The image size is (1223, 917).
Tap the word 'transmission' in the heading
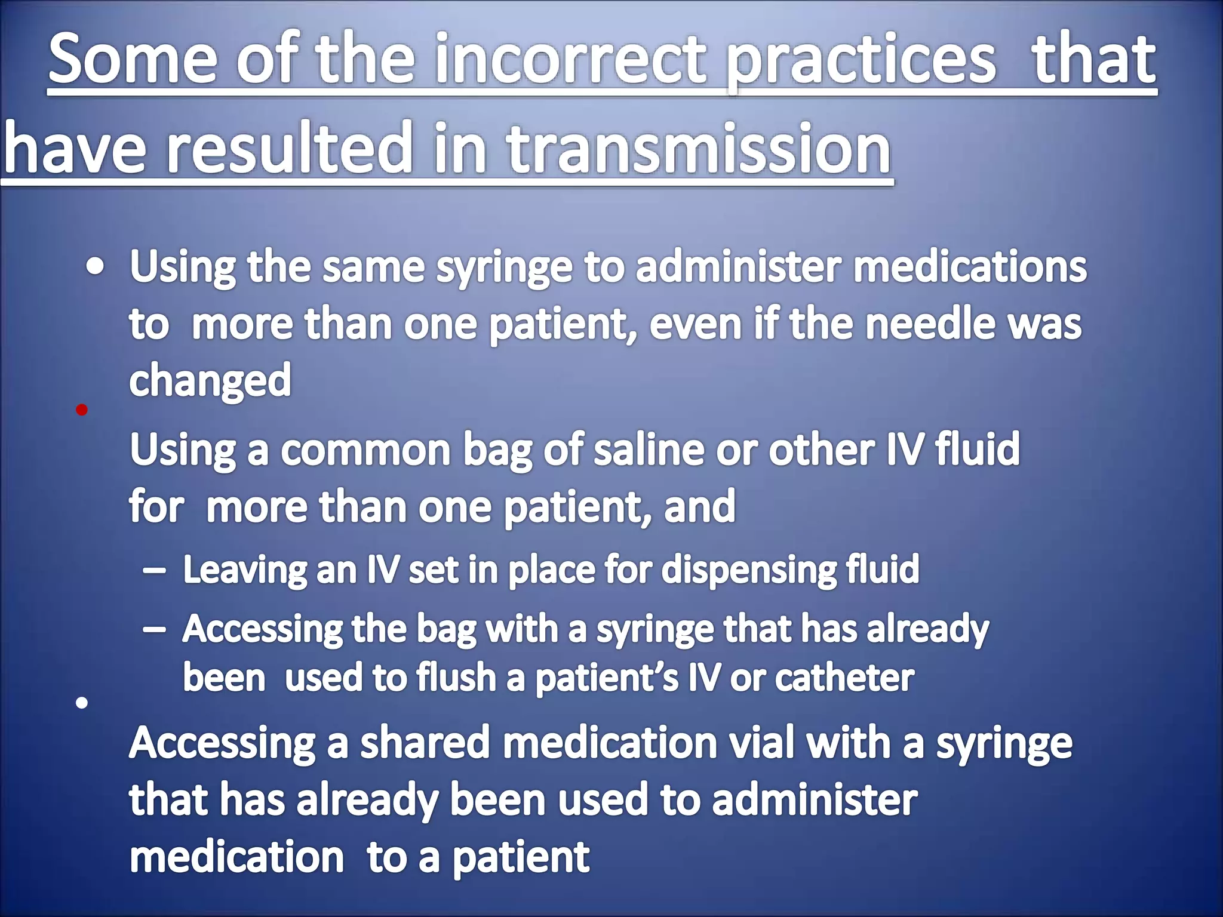699,148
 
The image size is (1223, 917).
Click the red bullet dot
82,410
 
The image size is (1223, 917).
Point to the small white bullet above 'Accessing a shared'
82,703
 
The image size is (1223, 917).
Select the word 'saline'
649,450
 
